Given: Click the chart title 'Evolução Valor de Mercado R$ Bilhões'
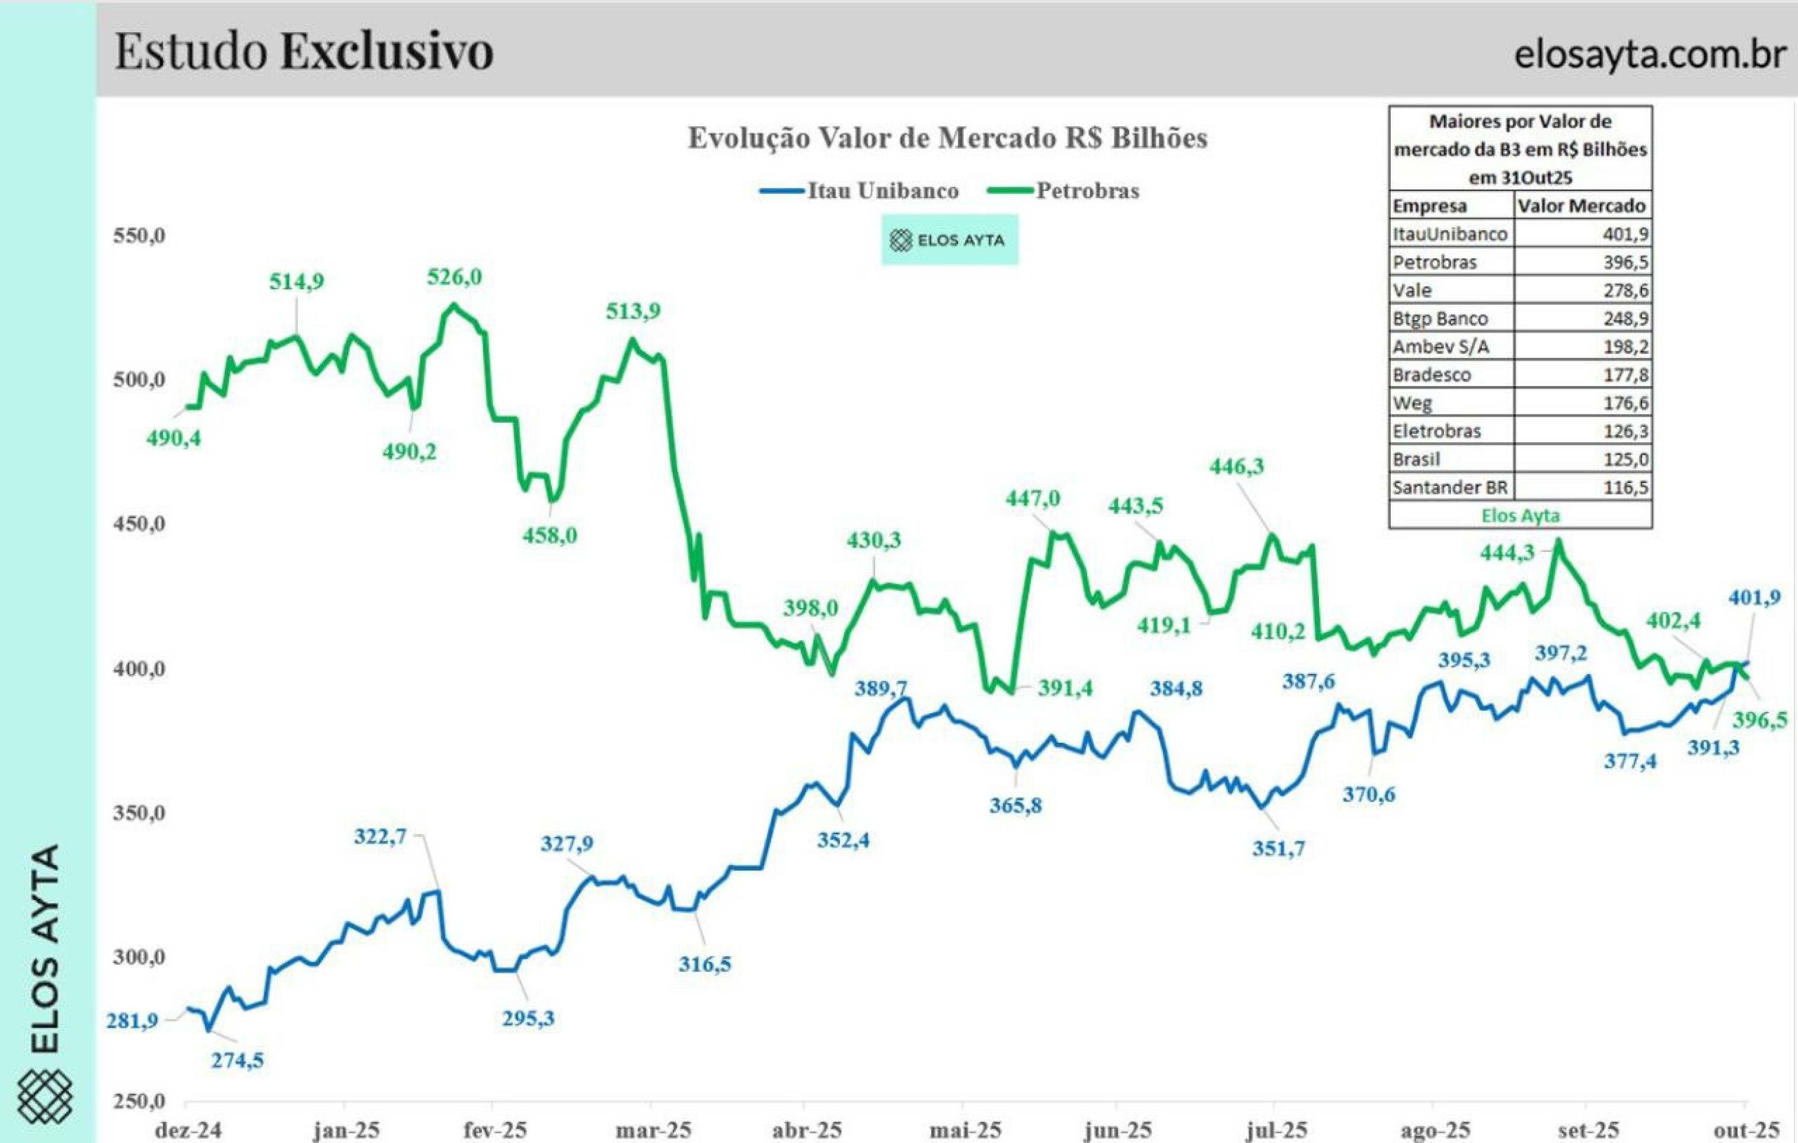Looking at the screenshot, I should click(947, 138).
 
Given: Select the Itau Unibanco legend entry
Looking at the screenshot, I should click(858, 191).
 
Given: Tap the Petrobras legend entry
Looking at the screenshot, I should click(1064, 191).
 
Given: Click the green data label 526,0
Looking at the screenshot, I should click(454, 277).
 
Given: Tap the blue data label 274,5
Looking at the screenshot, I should click(237, 1060).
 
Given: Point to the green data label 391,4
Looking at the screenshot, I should click(1065, 688).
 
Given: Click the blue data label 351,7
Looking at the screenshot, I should click(1278, 848).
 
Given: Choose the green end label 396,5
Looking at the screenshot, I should click(1760, 720).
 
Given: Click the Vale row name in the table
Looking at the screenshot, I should click(1412, 290).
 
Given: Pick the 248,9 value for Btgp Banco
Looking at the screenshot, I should click(1625, 319).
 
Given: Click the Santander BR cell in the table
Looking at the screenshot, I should click(1449, 487).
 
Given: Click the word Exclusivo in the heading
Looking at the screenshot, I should click(387, 52).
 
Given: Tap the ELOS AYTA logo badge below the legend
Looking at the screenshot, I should click(949, 240).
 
